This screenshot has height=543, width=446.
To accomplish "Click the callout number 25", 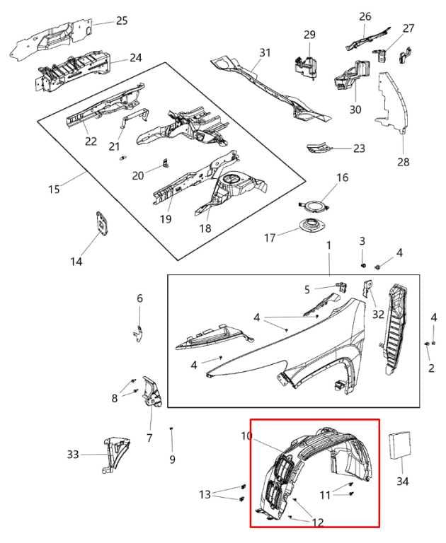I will (x=122, y=21).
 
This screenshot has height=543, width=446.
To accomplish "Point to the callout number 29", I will (x=309, y=35).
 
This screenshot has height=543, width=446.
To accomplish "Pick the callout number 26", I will (x=365, y=16).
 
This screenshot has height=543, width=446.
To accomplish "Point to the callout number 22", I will (x=91, y=141).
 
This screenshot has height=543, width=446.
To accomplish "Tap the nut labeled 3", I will (x=362, y=265).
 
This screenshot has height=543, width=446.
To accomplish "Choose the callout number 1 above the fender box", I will (x=328, y=245).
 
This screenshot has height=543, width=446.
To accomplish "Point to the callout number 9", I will (x=172, y=460).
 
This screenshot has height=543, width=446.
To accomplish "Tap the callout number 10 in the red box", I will (x=246, y=437).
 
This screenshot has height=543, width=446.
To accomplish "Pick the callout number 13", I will (x=205, y=494).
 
